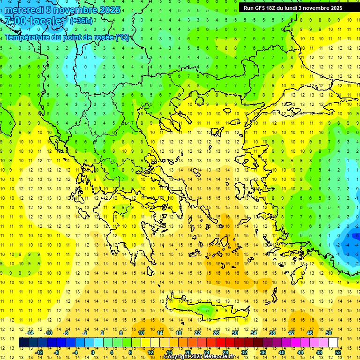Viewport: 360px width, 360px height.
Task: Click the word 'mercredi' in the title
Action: click(x=24, y=10)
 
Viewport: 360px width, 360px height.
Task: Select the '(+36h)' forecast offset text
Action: click(x=81, y=21)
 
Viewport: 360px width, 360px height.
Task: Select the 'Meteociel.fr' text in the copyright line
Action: click(x=219, y=357)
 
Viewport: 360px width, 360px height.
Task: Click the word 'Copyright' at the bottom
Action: click(x=176, y=357)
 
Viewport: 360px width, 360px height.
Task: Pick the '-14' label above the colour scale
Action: click(x=30, y=333)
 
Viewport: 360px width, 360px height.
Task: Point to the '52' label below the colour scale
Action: click(x=337, y=352)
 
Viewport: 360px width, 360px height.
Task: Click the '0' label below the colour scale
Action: click(x=92, y=352)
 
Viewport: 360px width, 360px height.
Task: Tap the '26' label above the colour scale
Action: click(x=216, y=333)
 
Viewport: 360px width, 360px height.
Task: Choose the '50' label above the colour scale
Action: click(x=328, y=333)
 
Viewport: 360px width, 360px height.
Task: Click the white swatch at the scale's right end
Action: click(x=333, y=343)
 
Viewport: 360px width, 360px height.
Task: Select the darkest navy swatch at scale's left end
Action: click(x=23, y=343)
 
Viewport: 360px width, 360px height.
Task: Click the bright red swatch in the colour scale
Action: click(x=220, y=343)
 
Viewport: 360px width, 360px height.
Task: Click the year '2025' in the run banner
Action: click(x=335, y=8)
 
